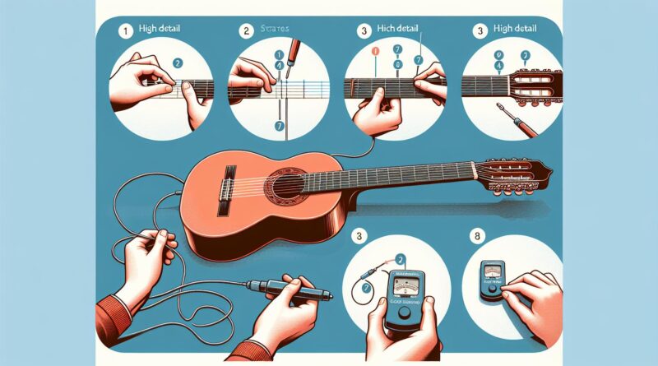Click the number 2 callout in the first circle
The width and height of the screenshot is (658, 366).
(174, 63)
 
